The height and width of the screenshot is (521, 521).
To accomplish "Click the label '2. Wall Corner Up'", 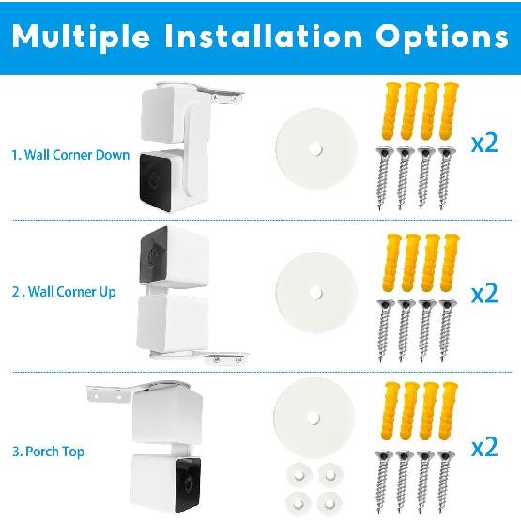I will (x=64, y=292).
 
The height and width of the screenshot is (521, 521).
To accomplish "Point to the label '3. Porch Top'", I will (x=49, y=452).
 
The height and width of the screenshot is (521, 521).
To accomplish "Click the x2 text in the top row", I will (x=483, y=144).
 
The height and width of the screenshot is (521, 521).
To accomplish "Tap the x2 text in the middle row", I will (x=483, y=294).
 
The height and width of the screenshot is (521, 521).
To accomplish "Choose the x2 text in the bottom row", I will (x=483, y=447).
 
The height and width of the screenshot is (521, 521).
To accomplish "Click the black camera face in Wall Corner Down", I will (x=155, y=177).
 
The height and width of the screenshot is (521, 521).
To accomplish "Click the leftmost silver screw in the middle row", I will (x=383, y=325).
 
